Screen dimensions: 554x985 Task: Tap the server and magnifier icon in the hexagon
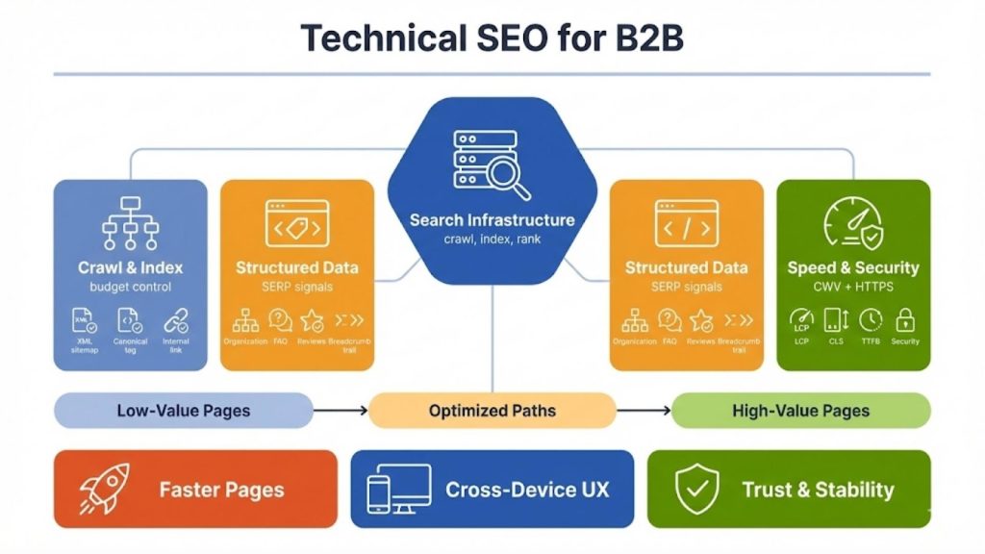pos(485,163)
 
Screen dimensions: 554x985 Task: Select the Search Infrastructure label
pos(492,220)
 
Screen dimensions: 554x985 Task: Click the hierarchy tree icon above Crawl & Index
pos(130,224)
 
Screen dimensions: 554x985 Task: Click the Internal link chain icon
pos(176,320)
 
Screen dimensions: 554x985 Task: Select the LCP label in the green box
pos(800,341)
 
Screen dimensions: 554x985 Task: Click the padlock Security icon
pos(904,320)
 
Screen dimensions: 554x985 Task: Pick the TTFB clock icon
pos(871,320)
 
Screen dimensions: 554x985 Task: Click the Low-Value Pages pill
pos(183,411)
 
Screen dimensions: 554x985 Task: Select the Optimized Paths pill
pos(492,411)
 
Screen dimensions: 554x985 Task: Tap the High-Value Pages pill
pos(800,411)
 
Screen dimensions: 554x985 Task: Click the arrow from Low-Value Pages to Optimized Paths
pos(341,411)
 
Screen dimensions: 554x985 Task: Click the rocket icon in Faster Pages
pos(103,489)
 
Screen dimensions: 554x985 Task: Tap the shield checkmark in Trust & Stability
pos(697,490)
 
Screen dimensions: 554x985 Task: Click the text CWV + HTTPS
pos(852,286)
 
